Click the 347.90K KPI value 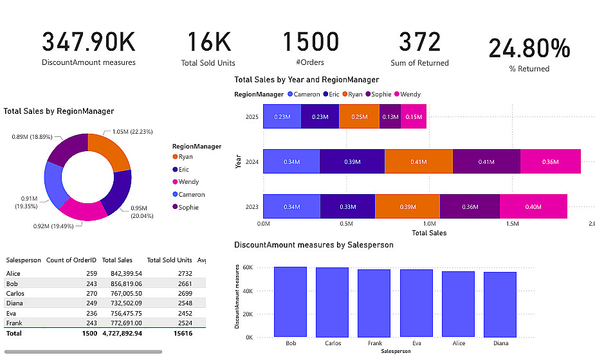pos(89,42)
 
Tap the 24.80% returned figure pos(529,49)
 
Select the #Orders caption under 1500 pos(311,63)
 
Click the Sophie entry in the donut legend pos(188,207)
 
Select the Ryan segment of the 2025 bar pos(359,117)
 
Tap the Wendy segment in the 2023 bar pos(533,207)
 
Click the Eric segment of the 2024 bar pos(352,162)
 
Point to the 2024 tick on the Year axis pos(252,162)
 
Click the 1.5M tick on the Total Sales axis pos(512,224)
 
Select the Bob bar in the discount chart pos(291,301)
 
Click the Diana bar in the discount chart pos(500,303)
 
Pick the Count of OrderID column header pos(71,260)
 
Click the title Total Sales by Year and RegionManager pos(307,80)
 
